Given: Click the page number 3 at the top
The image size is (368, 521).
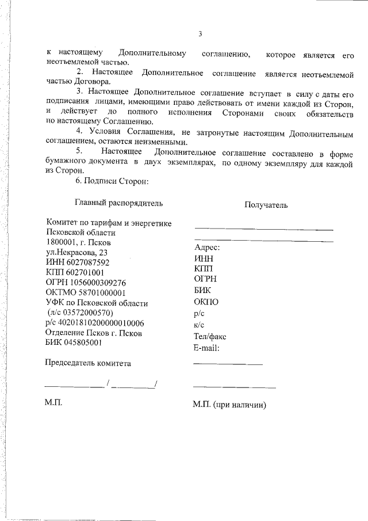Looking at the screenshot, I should pyautogui.click(x=200, y=34).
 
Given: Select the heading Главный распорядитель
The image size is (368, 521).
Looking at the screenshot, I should pyautogui.click(x=118, y=203).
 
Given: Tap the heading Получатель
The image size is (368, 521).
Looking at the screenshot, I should pyautogui.click(x=266, y=204).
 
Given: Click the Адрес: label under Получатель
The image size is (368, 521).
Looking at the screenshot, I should pyautogui.click(x=208, y=248).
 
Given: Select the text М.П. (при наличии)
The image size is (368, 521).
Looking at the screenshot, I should pyautogui.click(x=229, y=405).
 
